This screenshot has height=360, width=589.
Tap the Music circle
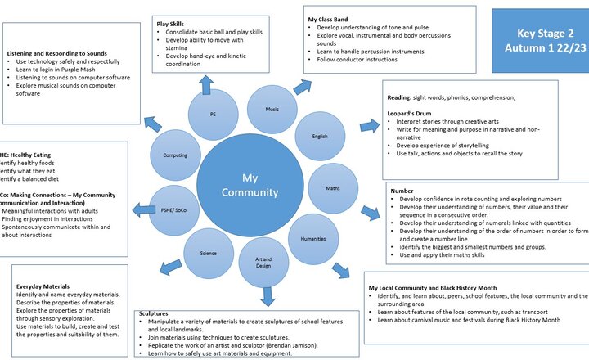pos(271,109)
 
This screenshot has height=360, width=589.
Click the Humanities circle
pos(313,239)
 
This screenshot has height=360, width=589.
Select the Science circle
pos(209,253)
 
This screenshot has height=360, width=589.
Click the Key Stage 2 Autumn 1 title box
pos(540,41)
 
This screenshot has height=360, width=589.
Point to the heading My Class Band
pos(328,18)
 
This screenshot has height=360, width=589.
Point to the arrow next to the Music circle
pos(302,85)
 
